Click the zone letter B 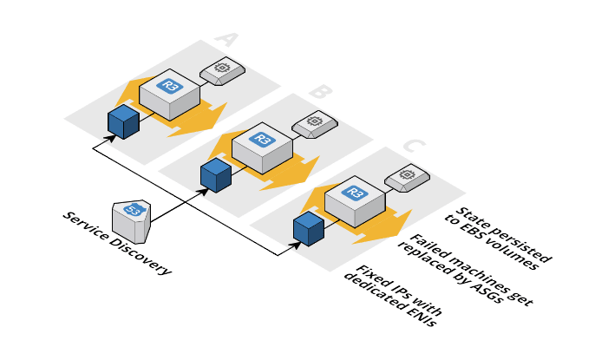coord(318,92)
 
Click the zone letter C coord(415,147)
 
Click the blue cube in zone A coord(123,122)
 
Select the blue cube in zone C coord(309,229)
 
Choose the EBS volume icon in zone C coord(406,177)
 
